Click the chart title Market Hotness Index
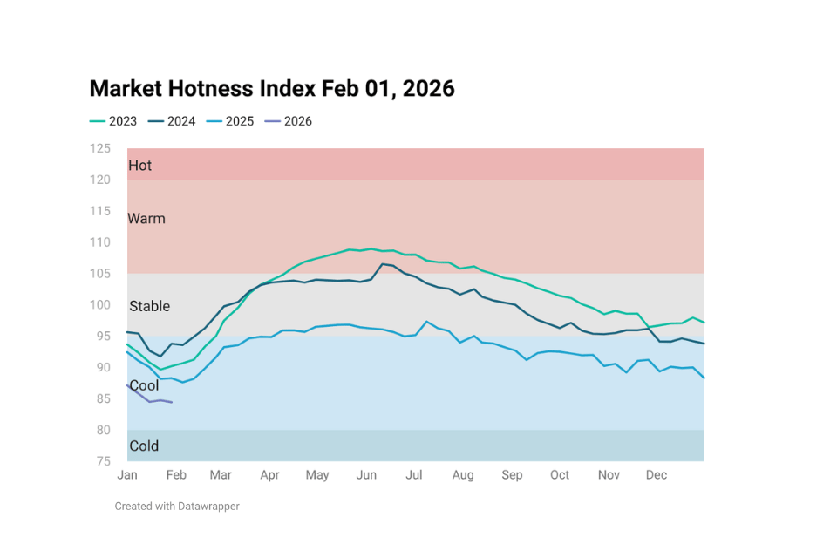click(x=272, y=88)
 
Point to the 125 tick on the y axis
click(x=100, y=148)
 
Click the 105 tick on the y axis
click(x=100, y=274)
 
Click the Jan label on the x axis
click(x=127, y=475)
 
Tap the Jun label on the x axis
click(x=366, y=475)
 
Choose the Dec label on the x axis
click(x=657, y=475)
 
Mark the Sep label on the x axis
click(x=512, y=475)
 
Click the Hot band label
click(x=139, y=166)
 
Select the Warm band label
click(x=146, y=219)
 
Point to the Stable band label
click(x=149, y=306)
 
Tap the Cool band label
click(x=144, y=385)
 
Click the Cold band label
click(x=144, y=446)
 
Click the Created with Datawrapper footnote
click(x=177, y=506)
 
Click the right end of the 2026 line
click(x=172, y=402)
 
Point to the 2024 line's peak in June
click(x=383, y=263)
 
